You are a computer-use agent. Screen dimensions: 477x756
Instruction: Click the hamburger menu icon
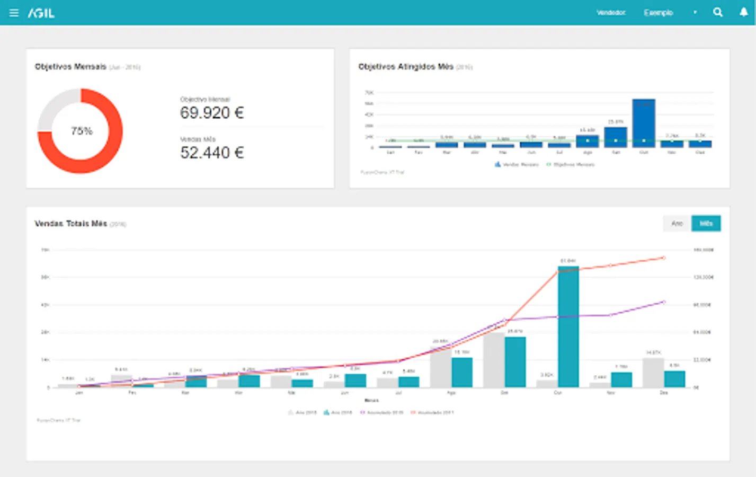coord(14,13)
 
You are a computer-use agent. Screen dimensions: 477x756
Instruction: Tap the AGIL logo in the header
coord(41,13)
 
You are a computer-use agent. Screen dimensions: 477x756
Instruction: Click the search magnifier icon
coord(718,12)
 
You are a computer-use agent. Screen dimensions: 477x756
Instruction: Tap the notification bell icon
coord(743,12)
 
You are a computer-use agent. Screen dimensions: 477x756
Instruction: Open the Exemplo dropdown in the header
coord(670,13)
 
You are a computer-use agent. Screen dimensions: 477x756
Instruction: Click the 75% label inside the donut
coord(82,131)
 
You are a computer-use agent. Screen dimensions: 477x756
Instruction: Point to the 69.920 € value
coord(212,113)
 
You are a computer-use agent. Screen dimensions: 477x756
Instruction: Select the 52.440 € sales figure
coord(212,153)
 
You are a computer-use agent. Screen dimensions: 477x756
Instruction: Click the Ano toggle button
coord(677,223)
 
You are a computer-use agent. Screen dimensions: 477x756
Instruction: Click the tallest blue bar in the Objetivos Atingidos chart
coord(644,122)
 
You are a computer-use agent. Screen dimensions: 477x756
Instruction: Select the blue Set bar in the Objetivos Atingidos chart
coord(616,137)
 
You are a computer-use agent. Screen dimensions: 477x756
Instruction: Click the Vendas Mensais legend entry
coord(517,165)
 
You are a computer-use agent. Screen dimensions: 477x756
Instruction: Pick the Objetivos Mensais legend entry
coord(571,165)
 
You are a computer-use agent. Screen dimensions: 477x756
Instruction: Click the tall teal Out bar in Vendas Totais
coord(568,326)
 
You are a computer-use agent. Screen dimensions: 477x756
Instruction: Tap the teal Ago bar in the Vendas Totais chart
coord(462,372)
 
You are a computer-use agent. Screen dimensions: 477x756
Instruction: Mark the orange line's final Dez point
coord(664,258)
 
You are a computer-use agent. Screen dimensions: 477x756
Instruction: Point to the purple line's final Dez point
coord(664,302)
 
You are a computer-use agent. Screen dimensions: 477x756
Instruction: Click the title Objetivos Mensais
coord(70,67)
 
